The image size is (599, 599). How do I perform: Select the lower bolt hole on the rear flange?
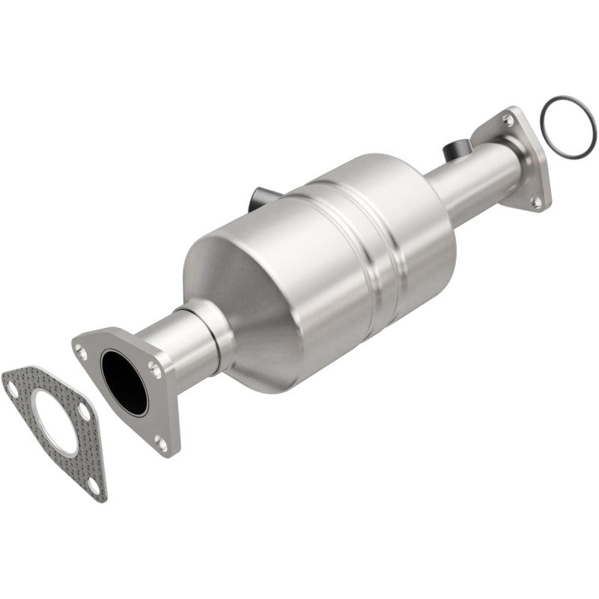pyautogui.click(x=536, y=201)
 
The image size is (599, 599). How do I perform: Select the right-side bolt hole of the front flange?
pyautogui.click(x=153, y=368)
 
